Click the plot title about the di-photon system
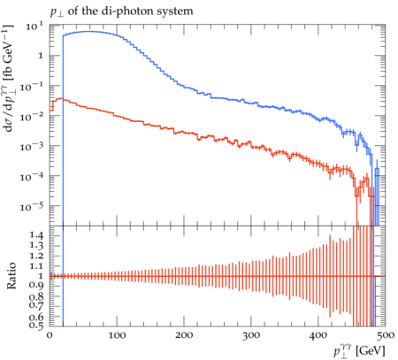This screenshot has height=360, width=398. pyautogui.click(x=121, y=11)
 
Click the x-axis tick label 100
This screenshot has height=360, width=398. pyautogui.click(x=117, y=335)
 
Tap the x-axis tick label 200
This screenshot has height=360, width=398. pyautogui.click(x=184, y=335)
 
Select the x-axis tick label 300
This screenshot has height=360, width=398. pyautogui.click(x=251, y=335)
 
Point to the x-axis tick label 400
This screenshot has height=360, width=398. pyautogui.click(x=318, y=335)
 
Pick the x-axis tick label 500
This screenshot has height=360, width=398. pyautogui.click(x=386, y=335)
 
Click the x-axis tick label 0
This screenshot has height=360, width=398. pyautogui.click(x=50, y=335)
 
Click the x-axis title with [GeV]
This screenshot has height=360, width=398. pyautogui.click(x=360, y=351)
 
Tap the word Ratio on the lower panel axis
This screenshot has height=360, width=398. pyautogui.click(x=11, y=276)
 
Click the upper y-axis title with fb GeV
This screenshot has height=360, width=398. pyautogui.click(x=8, y=78)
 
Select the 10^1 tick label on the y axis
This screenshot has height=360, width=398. pyautogui.click(x=34, y=26)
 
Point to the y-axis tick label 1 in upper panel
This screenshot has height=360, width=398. pyautogui.click(x=41, y=56)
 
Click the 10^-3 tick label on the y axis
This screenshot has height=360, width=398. pyautogui.click(x=32, y=146)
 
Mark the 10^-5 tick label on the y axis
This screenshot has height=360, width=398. pyautogui.click(x=32, y=206)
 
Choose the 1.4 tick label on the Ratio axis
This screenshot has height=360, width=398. pyautogui.click(x=36, y=235)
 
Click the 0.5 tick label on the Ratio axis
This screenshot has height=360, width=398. pyautogui.click(x=36, y=326)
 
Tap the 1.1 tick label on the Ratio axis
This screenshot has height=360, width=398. pyautogui.click(x=36, y=265)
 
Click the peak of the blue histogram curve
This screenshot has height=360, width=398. pyautogui.click(x=88, y=31)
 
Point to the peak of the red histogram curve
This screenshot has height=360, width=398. pyautogui.click(x=61, y=98)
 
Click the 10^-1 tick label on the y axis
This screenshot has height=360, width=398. pyautogui.click(x=32, y=86)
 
